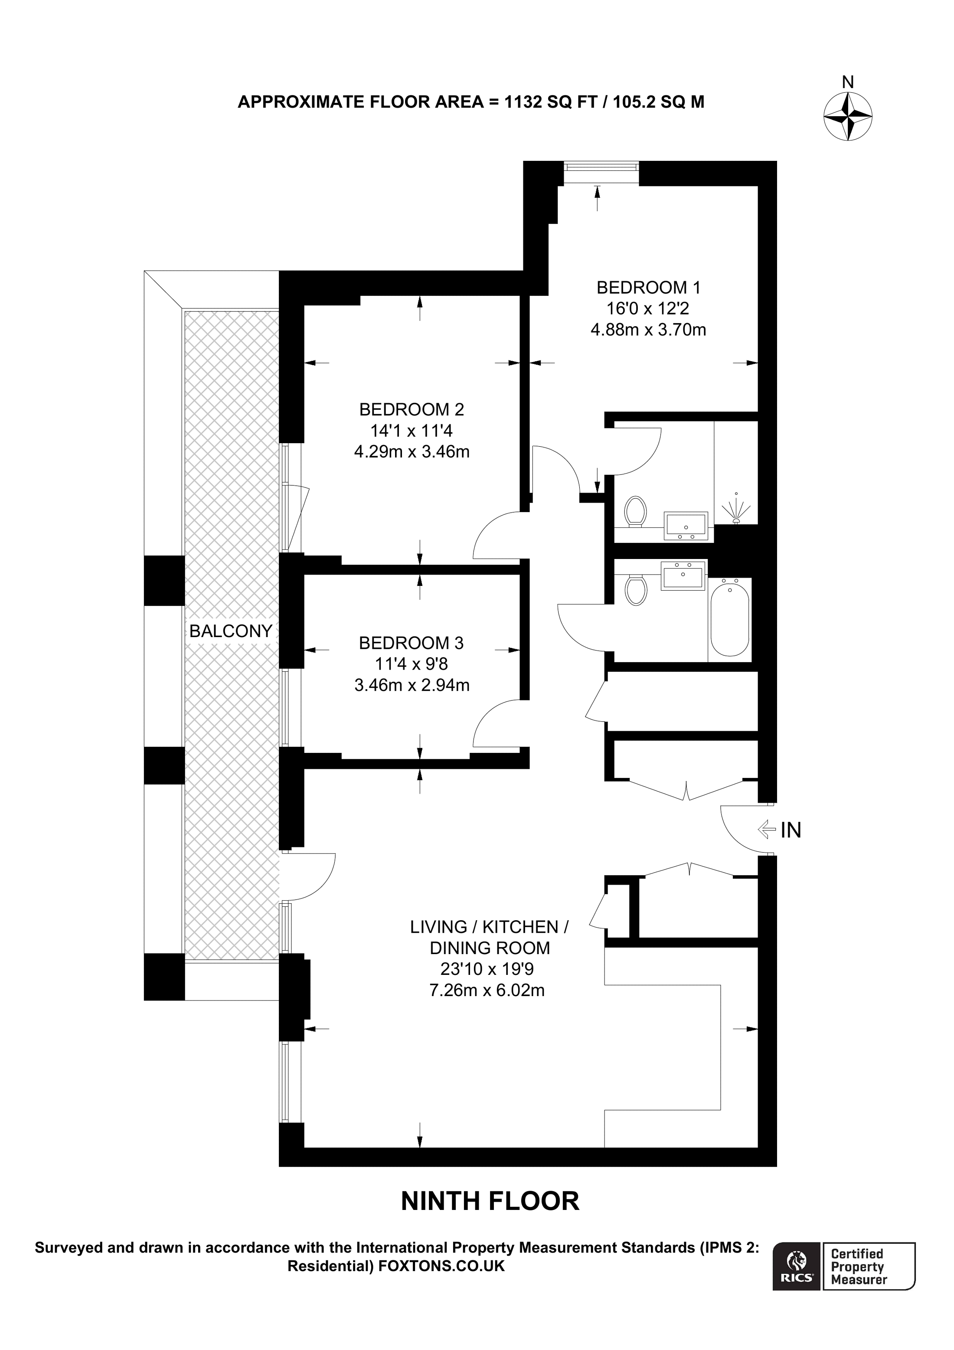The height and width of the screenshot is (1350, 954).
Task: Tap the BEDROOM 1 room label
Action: pos(648,288)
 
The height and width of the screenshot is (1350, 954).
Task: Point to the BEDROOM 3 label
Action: pos(412,643)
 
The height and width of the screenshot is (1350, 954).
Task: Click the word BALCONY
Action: pos(230,631)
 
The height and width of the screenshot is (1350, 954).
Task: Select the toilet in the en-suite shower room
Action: pos(635,511)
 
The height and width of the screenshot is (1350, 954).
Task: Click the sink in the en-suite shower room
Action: pos(686,525)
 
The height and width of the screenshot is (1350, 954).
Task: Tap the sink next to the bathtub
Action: pos(683,575)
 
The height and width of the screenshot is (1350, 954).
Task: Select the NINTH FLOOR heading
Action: pos(490,1201)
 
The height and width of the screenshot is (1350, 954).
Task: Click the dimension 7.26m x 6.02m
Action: pos(487,990)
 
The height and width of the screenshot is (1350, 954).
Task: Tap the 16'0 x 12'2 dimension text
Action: pos(648,309)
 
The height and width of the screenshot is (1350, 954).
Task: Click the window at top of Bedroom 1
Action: pos(600,167)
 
